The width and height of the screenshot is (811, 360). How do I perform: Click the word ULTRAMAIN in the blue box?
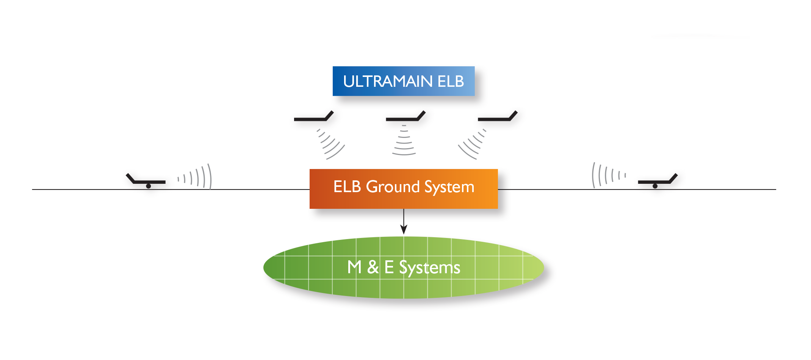click(x=388, y=81)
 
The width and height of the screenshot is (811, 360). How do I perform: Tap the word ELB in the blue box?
click(x=451, y=81)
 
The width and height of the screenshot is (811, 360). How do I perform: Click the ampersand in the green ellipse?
click(x=373, y=267)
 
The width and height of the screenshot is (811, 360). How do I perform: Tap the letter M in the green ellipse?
click(x=354, y=267)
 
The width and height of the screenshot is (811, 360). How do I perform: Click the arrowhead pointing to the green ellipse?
click(x=404, y=229)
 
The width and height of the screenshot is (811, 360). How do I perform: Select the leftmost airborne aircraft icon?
click(x=314, y=116)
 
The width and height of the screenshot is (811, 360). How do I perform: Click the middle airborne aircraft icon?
click(x=405, y=116)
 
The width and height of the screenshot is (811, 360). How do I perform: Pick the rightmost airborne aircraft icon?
click(x=498, y=116)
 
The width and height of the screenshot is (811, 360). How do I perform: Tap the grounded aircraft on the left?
click(x=146, y=181)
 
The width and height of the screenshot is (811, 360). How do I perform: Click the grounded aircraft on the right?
click(x=658, y=181)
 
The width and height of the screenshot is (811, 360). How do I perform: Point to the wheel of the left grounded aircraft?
click(x=149, y=186)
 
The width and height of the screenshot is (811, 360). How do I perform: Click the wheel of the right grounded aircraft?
click(x=655, y=186)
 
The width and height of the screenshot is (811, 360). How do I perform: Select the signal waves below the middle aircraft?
click(x=404, y=140)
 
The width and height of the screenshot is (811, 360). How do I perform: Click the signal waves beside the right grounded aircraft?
click(x=609, y=175)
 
